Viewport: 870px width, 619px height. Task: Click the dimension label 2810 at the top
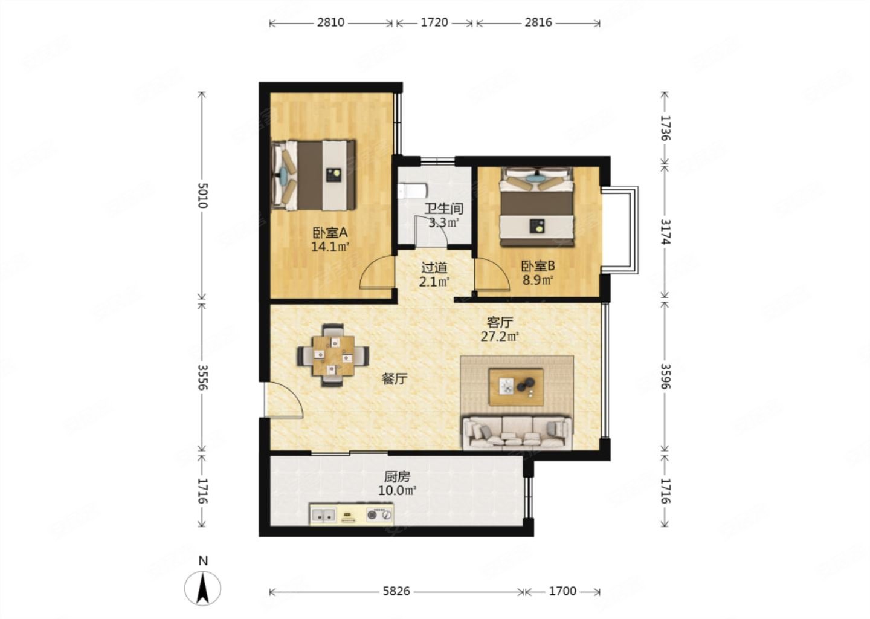330,22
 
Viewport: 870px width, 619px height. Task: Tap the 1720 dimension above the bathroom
434,22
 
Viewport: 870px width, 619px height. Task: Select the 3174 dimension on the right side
666,232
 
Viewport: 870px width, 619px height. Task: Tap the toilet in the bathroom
412,191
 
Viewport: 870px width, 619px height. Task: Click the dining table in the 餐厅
333,355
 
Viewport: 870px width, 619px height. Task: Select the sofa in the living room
517,433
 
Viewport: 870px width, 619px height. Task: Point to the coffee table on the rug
516,387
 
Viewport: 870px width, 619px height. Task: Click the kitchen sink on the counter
323,516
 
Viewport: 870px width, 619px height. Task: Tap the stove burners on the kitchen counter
380,515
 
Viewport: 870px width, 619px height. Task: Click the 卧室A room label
330,233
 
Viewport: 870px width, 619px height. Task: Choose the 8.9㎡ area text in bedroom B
538,280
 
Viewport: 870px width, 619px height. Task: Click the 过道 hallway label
434,267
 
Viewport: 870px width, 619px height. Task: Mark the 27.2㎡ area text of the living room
500,336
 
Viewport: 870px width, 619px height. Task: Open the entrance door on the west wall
283,400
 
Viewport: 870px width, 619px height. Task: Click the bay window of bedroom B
619,230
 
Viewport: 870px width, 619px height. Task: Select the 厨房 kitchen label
397,476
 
